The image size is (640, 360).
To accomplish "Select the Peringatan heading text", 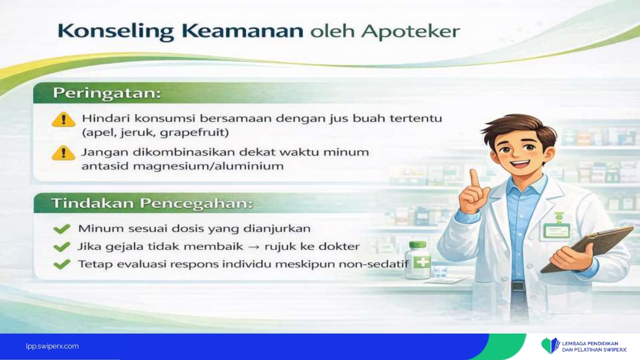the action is [107, 93].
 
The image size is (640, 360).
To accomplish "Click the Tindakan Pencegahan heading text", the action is [152, 203].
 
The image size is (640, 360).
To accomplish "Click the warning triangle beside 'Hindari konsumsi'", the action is [64, 119].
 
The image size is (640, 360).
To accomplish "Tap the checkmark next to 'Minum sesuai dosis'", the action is [62, 229].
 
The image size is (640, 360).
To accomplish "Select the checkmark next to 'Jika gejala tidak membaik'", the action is [62, 247].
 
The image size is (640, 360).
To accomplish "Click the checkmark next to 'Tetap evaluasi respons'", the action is [62, 264].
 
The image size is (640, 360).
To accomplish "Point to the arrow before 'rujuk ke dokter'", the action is [253, 247].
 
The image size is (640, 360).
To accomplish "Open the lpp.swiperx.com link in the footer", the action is [52, 346].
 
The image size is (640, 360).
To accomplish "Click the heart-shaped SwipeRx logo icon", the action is [550, 346].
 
